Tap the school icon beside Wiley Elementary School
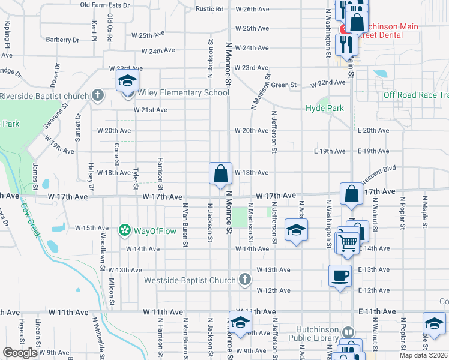(x=127, y=81)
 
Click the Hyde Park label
(x=324, y=108)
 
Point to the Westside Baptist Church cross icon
(x=244, y=280)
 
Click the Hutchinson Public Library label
(x=316, y=334)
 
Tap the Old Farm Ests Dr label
(x=105, y=5)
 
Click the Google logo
(x=20, y=353)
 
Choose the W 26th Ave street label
(x=252, y=9)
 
